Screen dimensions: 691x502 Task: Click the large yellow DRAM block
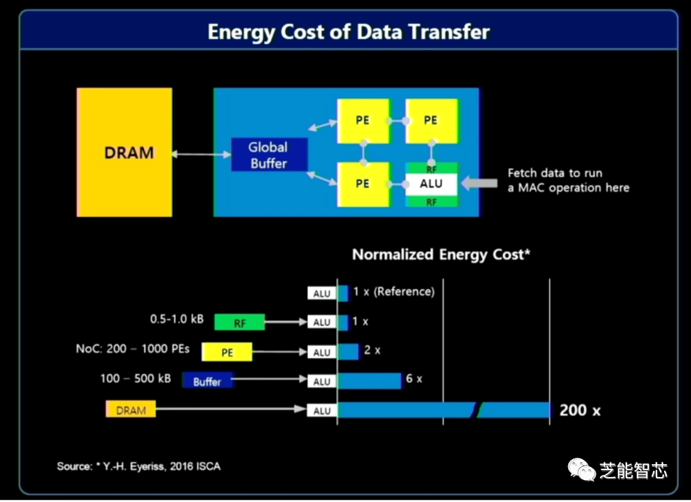(x=124, y=152)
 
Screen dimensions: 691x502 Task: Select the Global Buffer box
(x=269, y=155)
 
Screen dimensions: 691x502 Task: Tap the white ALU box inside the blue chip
(x=431, y=184)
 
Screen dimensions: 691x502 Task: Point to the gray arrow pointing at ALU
(x=479, y=182)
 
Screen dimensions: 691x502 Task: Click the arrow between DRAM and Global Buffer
(x=202, y=154)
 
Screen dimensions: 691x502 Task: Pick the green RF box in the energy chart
(x=240, y=323)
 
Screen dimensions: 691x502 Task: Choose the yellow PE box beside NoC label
(x=227, y=352)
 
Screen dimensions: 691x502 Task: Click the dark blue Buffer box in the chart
(x=207, y=381)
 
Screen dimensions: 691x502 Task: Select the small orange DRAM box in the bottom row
(x=131, y=409)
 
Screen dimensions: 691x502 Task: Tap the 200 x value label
(x=580, y=410)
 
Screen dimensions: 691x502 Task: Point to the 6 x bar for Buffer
(x=370, y=380)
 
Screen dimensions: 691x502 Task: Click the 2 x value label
(x=372, y=350)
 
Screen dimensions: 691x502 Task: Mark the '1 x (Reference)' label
(x=393, y=291)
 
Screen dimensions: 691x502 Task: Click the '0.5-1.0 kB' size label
(x=177, y=319)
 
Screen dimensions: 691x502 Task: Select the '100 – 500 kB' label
(x=135, y=378)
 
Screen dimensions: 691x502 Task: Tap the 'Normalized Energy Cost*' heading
(x=441, y=255)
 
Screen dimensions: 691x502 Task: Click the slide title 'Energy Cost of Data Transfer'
(x=349, y=32)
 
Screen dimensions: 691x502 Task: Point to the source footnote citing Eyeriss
(x=139, y=466)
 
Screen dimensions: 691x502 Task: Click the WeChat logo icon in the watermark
(x=582, y=469)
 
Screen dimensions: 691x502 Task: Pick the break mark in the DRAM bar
(x=477, y=410)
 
